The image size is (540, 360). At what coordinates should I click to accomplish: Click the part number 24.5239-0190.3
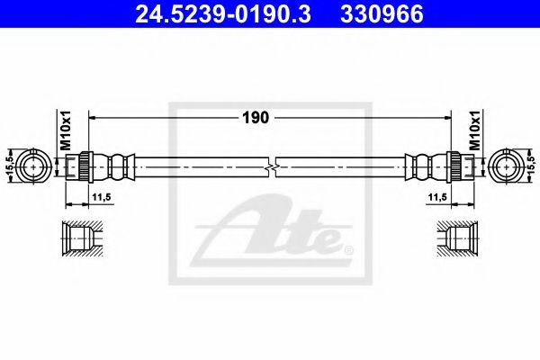(x=223, y=14)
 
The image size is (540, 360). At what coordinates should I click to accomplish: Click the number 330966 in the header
(x=382, y=14)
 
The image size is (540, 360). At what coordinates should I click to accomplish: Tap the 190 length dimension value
(x=256, y=118)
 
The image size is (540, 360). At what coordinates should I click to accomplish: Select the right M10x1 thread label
(x=475, y=130)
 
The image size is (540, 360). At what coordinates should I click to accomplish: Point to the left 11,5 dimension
(x=101, y=197)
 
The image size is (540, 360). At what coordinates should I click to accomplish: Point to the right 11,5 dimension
(x=437, y=197)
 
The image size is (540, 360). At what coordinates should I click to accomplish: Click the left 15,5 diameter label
(x=10, y=166)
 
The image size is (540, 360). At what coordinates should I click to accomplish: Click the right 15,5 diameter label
(x=530, y=166)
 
